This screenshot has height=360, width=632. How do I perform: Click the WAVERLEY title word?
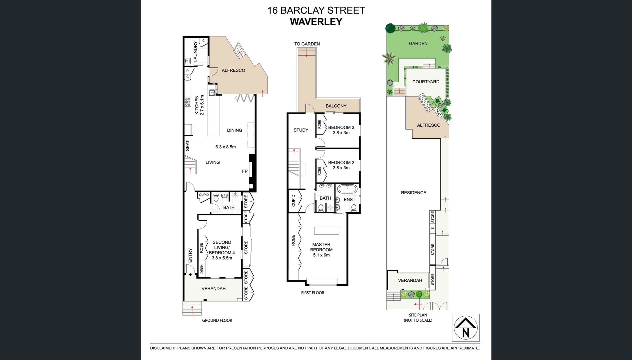[316, 22]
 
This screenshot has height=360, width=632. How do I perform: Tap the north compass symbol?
[465, 328]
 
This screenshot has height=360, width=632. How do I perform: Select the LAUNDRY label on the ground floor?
[196, 51]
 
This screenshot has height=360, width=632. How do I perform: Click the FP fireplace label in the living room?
[245, 171]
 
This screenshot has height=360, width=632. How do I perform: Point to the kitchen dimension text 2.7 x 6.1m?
[202, 105]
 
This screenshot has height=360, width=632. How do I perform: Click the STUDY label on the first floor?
[301, 130]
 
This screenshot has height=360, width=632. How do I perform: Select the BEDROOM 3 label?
[341, 127]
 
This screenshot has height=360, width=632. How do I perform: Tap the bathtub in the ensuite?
[347, 189]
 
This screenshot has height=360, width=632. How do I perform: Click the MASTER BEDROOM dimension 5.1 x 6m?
[321, 255]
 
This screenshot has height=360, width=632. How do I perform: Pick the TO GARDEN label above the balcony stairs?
[307, 44]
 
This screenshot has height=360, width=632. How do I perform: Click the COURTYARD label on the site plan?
[425, 82]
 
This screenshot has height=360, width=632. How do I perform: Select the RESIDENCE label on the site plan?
[413, 193]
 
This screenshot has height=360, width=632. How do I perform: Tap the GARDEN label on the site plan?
[418, 44]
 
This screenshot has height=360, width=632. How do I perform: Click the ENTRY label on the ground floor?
[190, 255]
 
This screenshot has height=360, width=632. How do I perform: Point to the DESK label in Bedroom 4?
[202, 269]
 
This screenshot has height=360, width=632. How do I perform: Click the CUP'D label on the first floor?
[294, 201]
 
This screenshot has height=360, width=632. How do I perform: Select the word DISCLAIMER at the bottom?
[162, 348]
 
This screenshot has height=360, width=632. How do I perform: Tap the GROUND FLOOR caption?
[217, 320]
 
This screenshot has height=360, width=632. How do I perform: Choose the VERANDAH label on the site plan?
[410, 280]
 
